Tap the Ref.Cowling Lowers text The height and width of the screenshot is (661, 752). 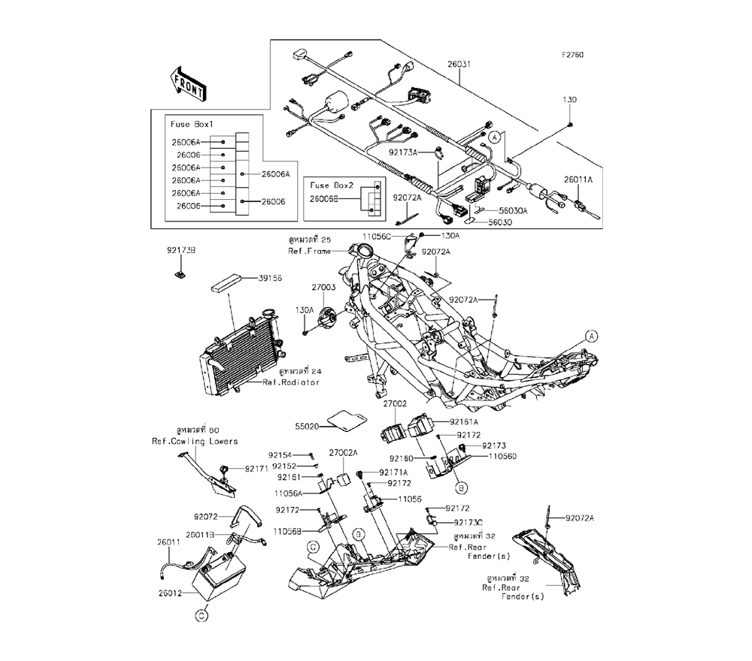click(195, 441)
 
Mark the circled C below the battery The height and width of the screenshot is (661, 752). click(201, 617)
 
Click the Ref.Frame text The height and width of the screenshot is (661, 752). click(310, 250)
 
